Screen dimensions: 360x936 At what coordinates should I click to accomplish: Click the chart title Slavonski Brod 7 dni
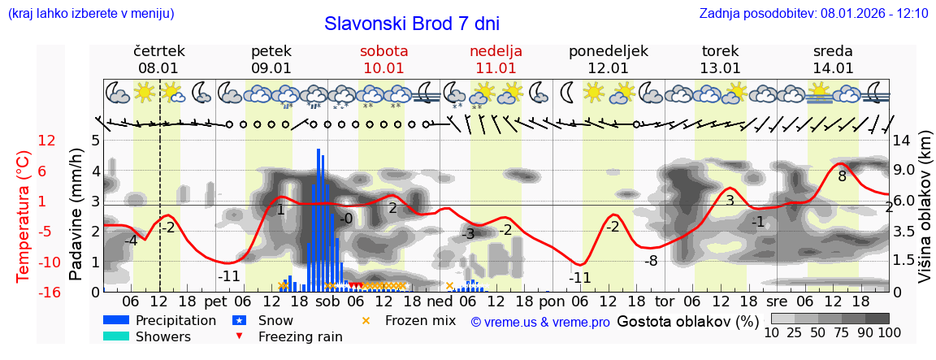(412, 24)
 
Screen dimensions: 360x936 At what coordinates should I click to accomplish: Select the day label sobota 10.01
(383, 59)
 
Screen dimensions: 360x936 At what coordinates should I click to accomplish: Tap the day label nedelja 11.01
(496, 59)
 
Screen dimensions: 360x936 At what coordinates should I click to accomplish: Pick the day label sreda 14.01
(833, 59)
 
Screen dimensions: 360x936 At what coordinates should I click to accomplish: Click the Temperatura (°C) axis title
(24, 215)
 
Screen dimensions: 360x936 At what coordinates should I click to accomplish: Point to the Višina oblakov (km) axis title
(925, 215)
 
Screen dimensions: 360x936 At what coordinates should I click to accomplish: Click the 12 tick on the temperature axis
(47, 141)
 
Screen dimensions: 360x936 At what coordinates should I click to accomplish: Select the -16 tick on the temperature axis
(47, 292)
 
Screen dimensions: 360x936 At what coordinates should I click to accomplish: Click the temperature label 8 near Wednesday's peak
(842, 176)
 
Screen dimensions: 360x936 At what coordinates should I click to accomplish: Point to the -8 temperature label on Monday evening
(650, 261)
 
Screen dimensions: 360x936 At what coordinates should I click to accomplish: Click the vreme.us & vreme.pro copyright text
(539, 322)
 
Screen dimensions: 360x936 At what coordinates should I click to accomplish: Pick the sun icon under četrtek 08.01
(145, 92)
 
